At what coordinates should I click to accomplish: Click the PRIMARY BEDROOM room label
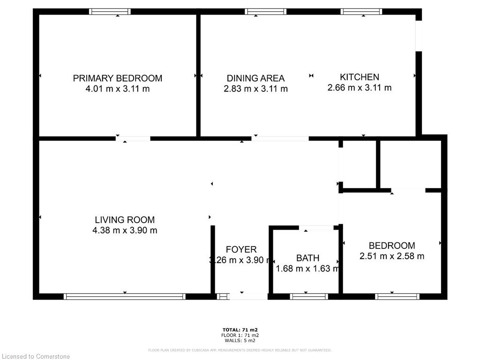click(x=117, y=78)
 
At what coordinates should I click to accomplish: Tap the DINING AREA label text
click(x=255, y=78)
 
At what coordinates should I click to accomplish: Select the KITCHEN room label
click(x=360, y=77)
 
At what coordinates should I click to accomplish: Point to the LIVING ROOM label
click(x=125, y=219)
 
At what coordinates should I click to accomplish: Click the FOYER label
click(x=241, y=249)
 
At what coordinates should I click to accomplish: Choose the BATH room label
click(x=308, y=258)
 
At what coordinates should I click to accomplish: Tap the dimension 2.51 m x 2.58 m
click(x=392, y=256)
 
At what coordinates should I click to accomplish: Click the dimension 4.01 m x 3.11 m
click(x=117, y=89)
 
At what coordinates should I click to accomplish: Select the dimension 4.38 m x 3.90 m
click(x=125, y=230)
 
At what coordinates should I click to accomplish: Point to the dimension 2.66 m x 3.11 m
click(x=360, y=87)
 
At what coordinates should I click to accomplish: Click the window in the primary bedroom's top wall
click(x=110, y=12)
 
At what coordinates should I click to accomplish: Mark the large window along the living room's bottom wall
click(x=125, y=296)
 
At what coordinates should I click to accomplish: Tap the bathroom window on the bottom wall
click(x=309, y=296)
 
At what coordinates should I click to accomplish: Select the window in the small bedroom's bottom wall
click(x=397, y=296)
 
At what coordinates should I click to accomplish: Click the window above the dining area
click(x=265, y=12)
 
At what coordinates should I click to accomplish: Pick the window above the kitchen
click(x=361, y=12)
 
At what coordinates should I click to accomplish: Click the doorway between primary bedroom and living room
click(x=133, y=139)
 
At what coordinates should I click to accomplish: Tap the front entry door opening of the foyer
click(x=248, y=296)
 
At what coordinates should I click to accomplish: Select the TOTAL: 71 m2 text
click(x=240, y=330)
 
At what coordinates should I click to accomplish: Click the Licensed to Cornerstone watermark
click(x=36, y=356)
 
